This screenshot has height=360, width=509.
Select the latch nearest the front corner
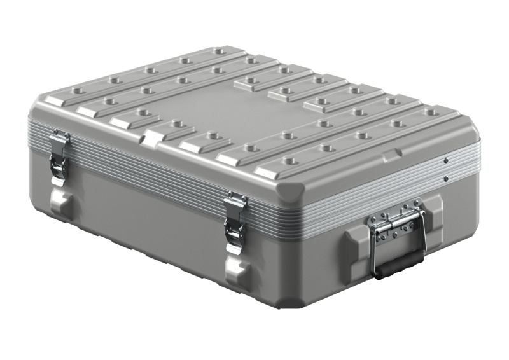[x=235, y=223]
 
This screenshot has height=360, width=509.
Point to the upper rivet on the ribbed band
[x=447, y=160]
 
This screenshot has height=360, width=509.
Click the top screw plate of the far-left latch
[x=60, y=137]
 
